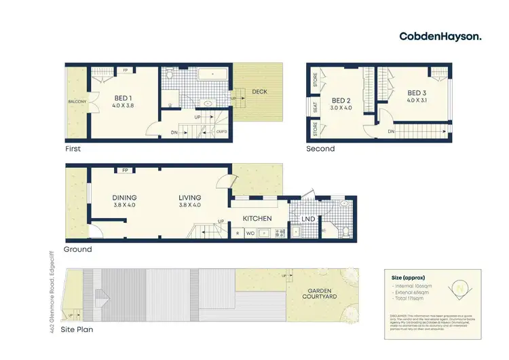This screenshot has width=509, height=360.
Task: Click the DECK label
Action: coord(259,91)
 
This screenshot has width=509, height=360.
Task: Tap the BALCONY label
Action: coord(77,102)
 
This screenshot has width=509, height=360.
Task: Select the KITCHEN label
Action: coord(257,219)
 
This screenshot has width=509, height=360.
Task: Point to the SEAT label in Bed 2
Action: coord(315,107)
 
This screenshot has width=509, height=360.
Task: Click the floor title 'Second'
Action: coord(320,148)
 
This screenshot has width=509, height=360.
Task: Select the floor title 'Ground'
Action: coord(77,249)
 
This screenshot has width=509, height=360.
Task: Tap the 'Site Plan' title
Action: coord(79,330)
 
